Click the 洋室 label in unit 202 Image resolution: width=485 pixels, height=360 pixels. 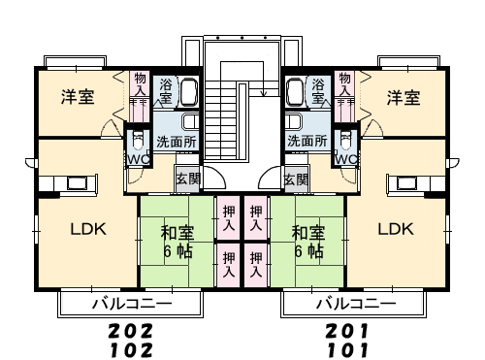click(x=78, y=97)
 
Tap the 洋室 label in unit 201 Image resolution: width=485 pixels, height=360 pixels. click(x=404, y=97)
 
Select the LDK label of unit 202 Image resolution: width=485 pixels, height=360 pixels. click(x=88, y=229)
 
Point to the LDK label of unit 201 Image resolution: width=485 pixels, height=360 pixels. click(x=396, y=229)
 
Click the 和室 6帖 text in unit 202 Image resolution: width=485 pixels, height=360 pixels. click(x=178, y=242)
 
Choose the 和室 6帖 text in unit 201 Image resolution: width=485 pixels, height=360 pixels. click(x=308, y=242)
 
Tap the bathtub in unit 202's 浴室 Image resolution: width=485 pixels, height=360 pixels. click(x=189, y=92)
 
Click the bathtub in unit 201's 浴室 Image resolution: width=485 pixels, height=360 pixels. click(x=295, y=92)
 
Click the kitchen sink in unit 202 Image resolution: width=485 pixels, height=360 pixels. click(x=77, y=183)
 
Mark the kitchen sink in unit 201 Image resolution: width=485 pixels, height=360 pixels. click(x=406, y=183)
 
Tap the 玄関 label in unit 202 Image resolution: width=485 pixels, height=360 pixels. click(x=188, y=179)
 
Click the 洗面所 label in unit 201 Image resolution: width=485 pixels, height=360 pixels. click(x=307, y=141)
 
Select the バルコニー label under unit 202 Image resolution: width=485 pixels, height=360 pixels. click(x=132, y=304)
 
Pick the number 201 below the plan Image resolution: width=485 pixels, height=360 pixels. click(x=347, y=331)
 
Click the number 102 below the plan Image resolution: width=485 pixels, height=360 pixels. click(x=131, y=350)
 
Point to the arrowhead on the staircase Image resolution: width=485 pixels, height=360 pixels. click(x=264, y=94)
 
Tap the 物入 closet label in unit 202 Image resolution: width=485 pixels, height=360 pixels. click(x=141, y=84)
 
